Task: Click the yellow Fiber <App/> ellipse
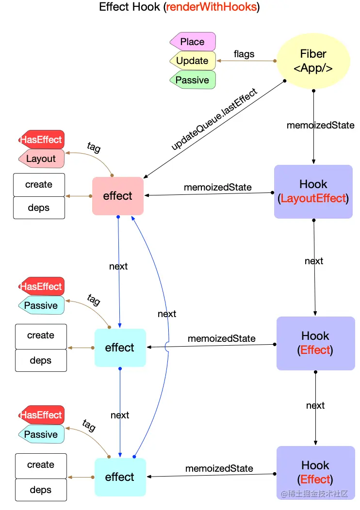coord(313,61)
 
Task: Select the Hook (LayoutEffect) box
coord(313,191)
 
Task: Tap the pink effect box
coord(118,196)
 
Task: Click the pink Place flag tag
coord(193,42)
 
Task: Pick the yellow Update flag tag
coord(193,61)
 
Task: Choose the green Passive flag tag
coord(193,80)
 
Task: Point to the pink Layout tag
coord(41,159)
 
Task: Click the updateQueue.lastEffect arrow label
coord(214,119)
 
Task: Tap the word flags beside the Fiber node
coord(244,54)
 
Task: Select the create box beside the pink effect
coord(39,184)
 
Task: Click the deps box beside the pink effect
coord(39,207)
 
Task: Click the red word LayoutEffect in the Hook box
coord(313,198)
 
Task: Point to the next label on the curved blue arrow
coord(167,314)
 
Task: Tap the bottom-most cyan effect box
coord(120,477)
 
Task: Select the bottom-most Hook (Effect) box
coord(315,472)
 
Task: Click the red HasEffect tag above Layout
coord(41,140)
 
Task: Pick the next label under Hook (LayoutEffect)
coord(314,261)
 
